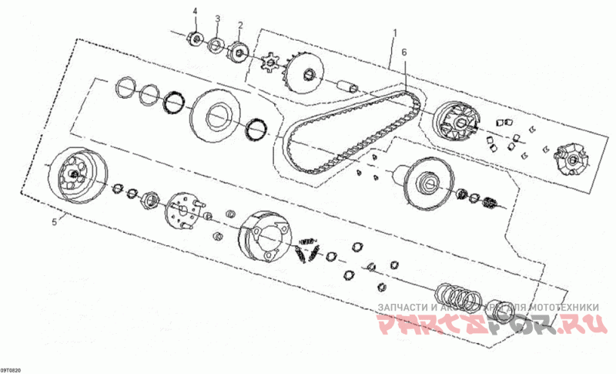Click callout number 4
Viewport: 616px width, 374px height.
(195, 11)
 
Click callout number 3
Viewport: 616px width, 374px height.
(217, 18)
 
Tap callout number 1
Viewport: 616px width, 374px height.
(394, 33)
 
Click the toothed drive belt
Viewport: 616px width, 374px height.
(350, 131)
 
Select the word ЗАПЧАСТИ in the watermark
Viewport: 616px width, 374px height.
(403, 307)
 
